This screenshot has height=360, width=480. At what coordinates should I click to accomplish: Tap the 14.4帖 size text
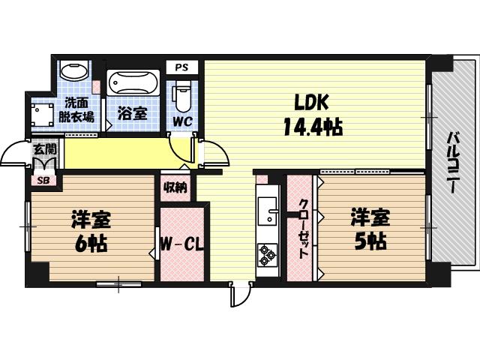tap(312, 127)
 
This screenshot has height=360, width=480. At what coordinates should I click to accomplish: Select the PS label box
tap(181, 67)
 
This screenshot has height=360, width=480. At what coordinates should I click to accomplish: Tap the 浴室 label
tap(132, 115)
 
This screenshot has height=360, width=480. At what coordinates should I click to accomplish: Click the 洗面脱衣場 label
tap(78, 110)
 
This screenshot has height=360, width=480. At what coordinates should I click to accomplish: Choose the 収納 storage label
tap(175, 187)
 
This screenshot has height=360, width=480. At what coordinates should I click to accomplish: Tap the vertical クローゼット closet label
tap(303, 229)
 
